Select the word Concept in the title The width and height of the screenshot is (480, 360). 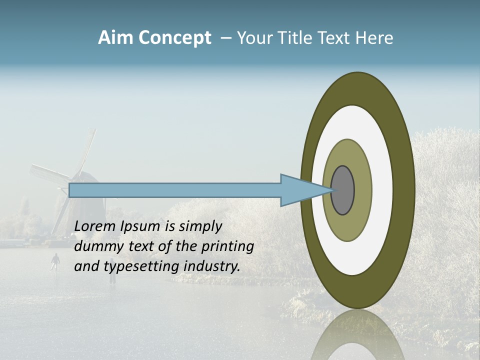(x=174, y=38)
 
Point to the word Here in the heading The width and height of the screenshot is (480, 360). (x=374, y=38)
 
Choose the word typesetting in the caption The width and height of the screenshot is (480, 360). (x=130, y=266)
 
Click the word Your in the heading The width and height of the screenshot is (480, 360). (x=255, y=38)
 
